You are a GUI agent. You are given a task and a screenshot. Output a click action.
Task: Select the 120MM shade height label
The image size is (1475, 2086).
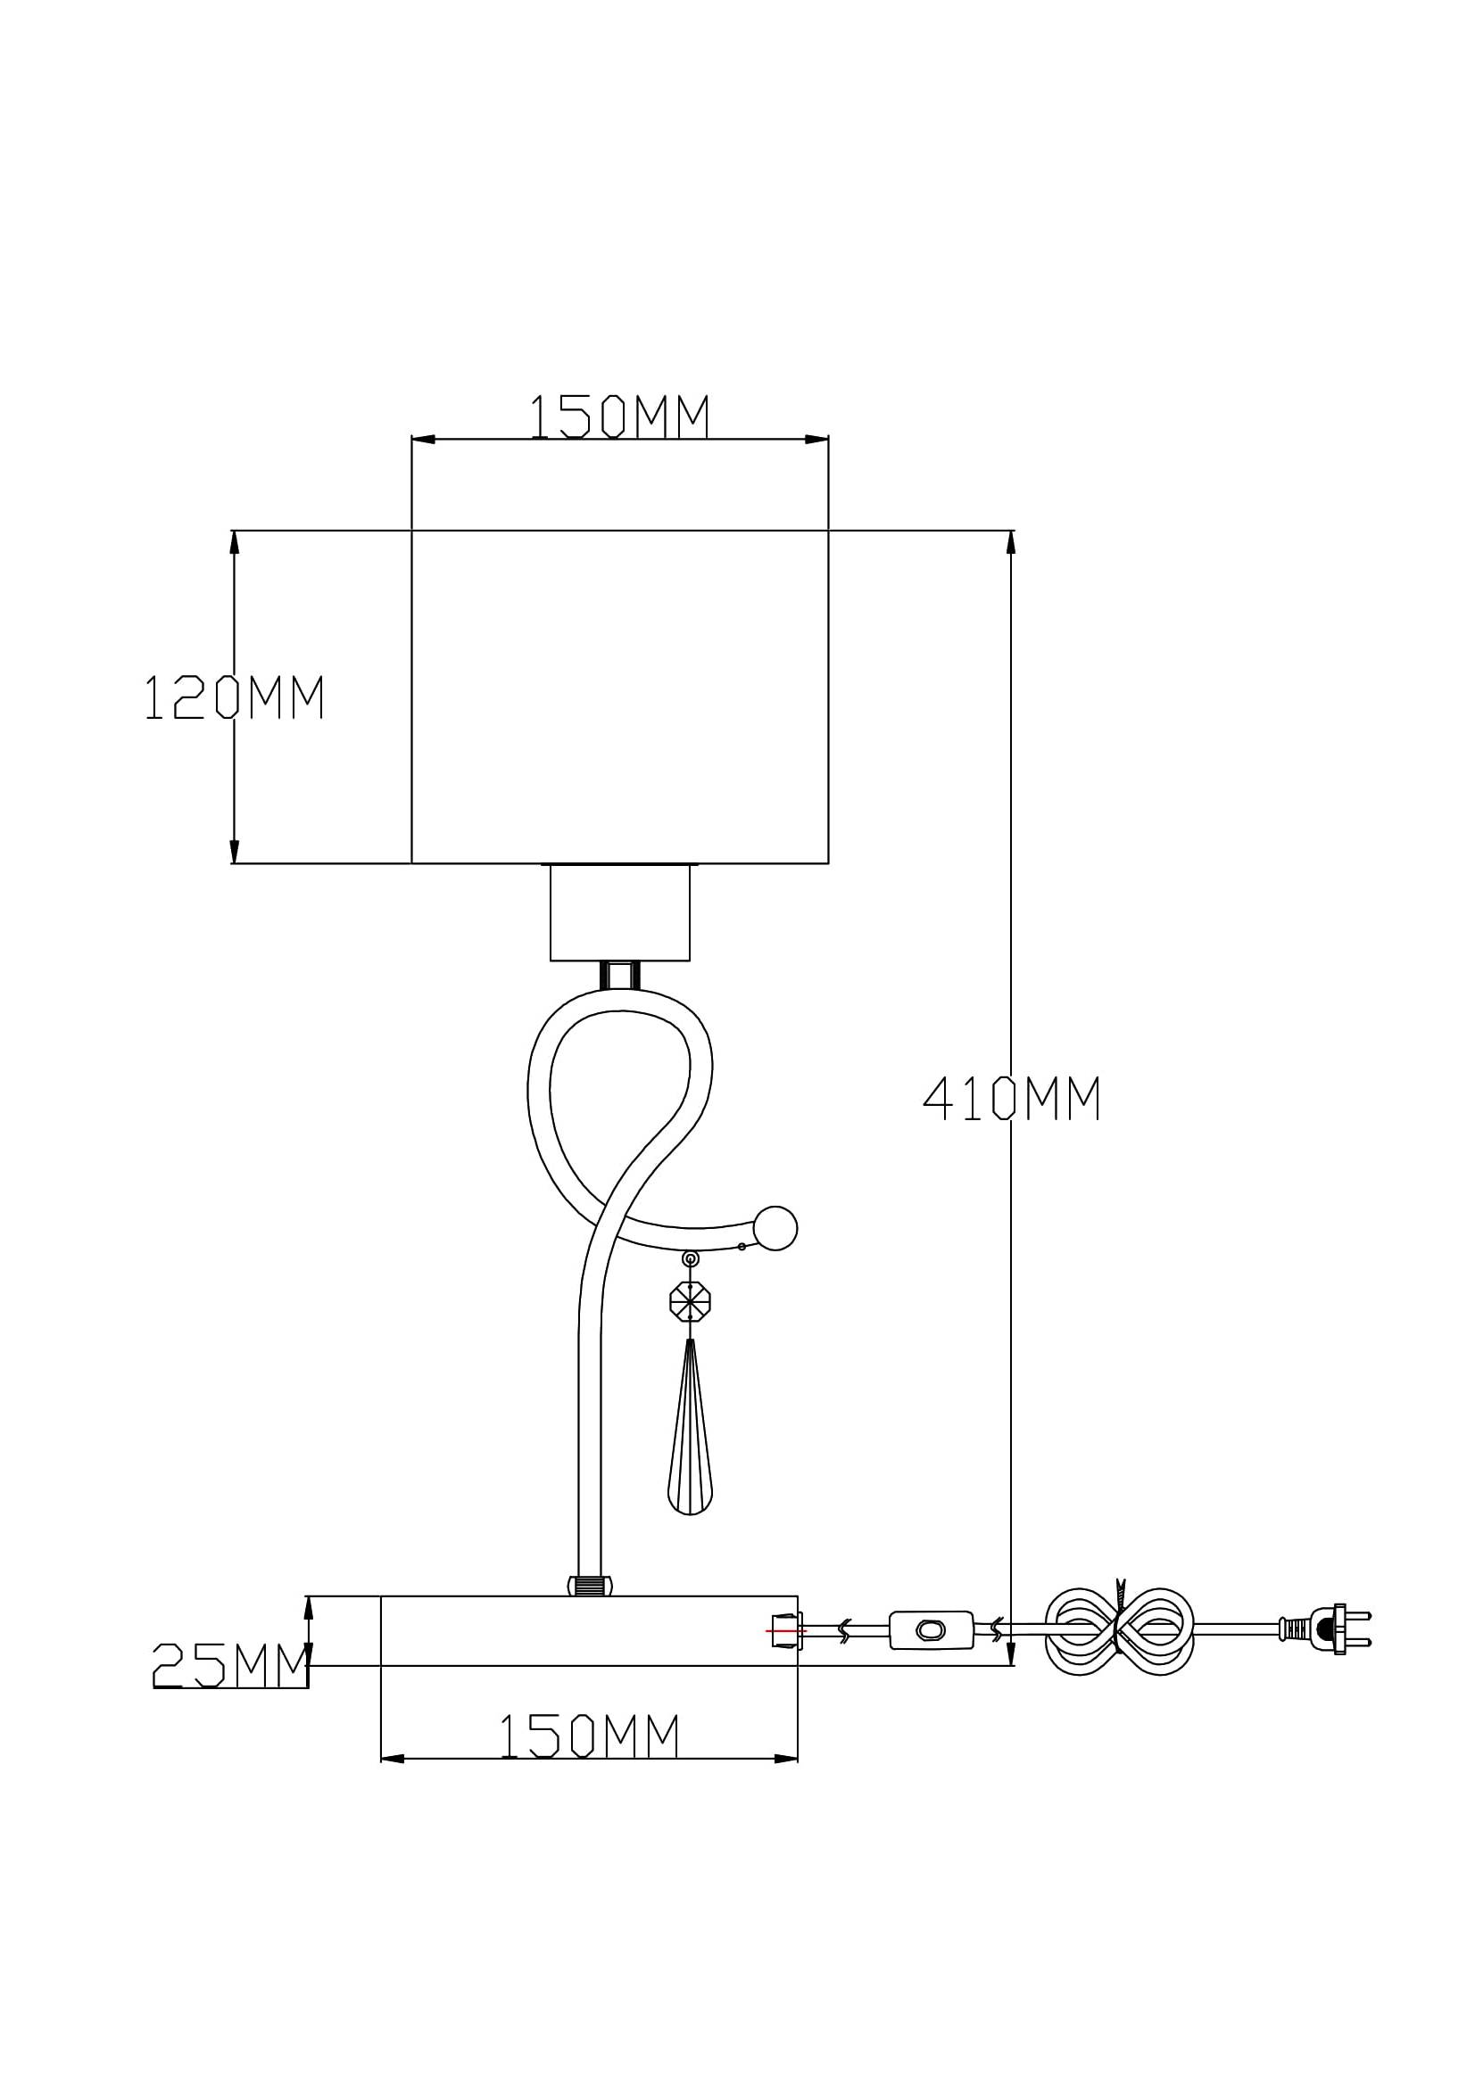coord(235,697)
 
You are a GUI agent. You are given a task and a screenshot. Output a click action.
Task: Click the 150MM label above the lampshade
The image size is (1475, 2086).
coord(619,416)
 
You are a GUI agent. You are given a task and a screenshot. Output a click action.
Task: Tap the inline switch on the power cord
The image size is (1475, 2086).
coord(931,1630)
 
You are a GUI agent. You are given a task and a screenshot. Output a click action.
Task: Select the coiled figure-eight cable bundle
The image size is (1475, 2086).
coord(1119,1632)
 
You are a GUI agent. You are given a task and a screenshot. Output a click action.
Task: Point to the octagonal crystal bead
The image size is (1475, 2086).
coord(690,1302)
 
